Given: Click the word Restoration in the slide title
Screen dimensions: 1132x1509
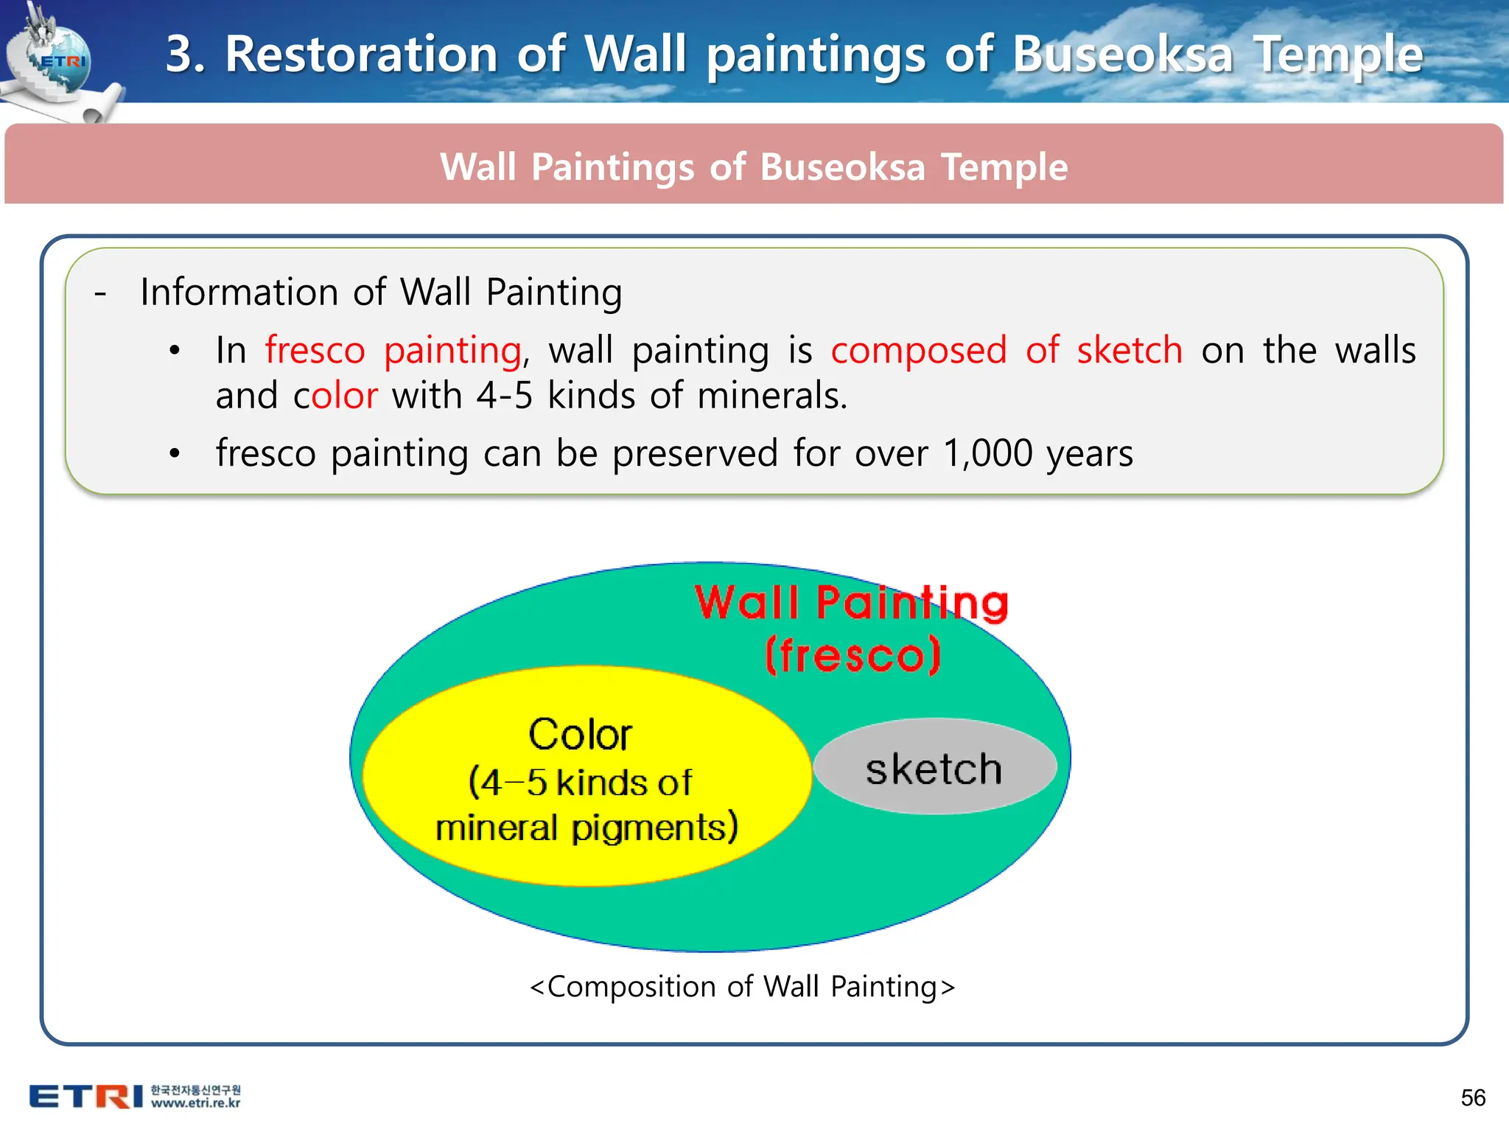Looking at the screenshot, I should (361, 55).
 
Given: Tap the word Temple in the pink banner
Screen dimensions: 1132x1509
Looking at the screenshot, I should (1004, 167).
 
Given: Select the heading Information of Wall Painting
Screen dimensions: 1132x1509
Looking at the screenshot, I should (381, 292).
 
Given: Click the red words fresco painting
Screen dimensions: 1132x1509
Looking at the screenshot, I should (393, 350).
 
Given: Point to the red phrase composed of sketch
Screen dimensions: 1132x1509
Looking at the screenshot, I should (1006, 350).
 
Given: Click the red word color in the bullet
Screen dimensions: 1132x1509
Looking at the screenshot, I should (335, 396).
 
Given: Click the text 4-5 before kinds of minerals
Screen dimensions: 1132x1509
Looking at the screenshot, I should (504, 396).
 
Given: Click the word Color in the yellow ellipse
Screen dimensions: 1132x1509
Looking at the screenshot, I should (580, 735).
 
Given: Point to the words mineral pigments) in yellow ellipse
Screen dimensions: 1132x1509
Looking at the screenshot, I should (586, 828).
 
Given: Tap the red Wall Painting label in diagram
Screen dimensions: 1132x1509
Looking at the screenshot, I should (851, 603).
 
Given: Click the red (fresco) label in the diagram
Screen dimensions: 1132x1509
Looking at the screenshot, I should (852, 654).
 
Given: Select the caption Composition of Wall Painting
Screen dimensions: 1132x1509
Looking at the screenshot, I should (742, 986).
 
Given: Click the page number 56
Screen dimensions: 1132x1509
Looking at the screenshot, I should (1472, 1097).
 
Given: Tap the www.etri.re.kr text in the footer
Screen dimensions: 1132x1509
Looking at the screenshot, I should (195, 1103).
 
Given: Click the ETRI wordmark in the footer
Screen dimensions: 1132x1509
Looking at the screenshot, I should (86, 1096).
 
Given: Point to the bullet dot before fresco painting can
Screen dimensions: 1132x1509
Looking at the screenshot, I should (175, 453).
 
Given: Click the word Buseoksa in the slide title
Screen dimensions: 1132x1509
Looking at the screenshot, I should (1121, 55).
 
